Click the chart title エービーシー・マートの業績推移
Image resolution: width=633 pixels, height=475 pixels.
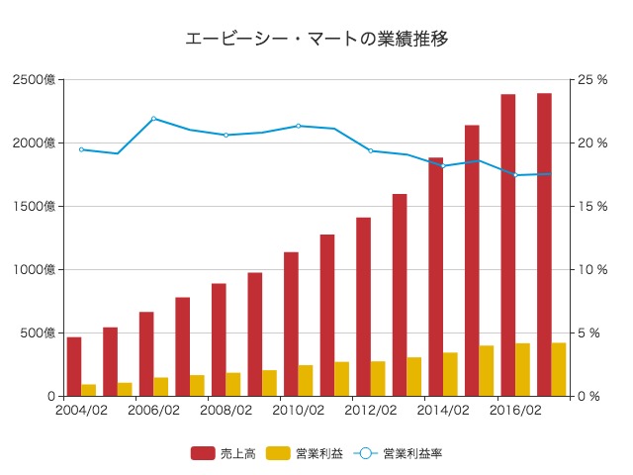point(316,40)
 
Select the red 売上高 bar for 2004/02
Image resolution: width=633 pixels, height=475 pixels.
point(74,366)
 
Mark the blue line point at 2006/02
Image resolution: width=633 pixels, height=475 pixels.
point(154,119)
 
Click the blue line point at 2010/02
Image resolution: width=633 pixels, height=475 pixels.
point(299,126)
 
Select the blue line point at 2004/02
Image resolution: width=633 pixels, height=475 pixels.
point(82,149)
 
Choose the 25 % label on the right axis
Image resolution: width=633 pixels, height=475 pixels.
point(592,79)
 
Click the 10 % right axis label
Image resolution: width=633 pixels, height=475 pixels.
point(592,269)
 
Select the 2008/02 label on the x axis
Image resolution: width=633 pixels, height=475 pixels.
point(226,410)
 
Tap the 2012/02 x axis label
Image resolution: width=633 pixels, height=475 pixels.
point(371,410)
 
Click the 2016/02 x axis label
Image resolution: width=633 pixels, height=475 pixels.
point(515,410)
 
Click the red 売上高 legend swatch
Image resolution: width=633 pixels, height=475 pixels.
point(203,453)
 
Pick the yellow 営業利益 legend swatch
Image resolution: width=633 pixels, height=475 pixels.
point(278,453)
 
